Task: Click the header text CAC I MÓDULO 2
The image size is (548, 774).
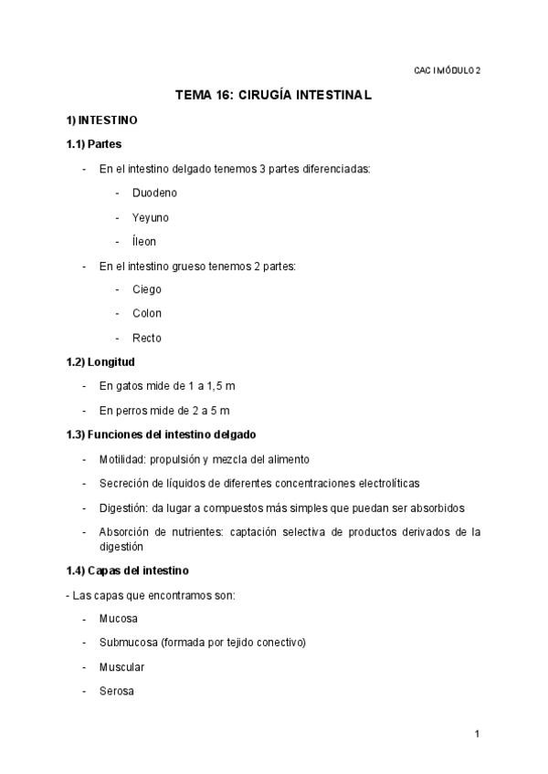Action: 447,70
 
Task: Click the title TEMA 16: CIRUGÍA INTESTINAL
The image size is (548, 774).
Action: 273,95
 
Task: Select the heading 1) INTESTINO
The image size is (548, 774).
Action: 101,120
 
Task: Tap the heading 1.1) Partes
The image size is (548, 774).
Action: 94,144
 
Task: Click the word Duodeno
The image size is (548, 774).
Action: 154,193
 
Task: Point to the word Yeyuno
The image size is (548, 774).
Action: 150,217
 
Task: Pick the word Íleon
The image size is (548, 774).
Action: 144,242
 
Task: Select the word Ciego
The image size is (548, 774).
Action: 146,289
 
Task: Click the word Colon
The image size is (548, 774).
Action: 146,313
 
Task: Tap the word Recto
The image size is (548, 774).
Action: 146,338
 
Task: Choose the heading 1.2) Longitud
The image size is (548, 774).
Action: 100,361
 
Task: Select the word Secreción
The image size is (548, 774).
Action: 125,483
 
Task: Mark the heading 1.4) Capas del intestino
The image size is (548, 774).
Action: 127,570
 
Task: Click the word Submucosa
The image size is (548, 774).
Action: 128,643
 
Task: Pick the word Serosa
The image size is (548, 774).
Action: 117,691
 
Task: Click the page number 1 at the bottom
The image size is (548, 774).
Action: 477,733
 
